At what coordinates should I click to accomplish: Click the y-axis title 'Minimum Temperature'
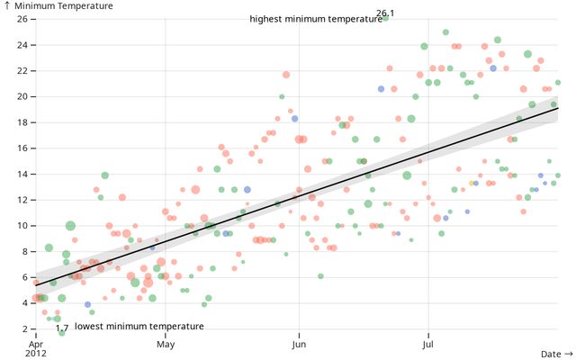pos(63,6)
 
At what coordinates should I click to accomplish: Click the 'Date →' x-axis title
pos(556,355)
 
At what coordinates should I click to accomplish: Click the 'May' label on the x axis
pos(166,344)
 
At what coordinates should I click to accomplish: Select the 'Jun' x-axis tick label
pos(297,344)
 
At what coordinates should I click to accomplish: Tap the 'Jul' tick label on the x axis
pos(427,344)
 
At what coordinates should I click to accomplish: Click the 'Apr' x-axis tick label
pos(36,344)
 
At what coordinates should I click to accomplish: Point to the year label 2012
pos(36,354)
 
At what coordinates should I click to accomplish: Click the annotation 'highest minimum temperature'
pos(316,19)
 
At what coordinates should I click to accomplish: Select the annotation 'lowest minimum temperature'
pos(139,326)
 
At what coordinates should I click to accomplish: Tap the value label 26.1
pos(385,13)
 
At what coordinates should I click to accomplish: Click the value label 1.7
pos(62,328)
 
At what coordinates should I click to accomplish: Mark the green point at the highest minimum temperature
pos(385,19)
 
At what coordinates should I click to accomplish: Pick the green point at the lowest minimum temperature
pos(62,334)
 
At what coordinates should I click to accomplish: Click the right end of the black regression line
pos(558,108)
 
